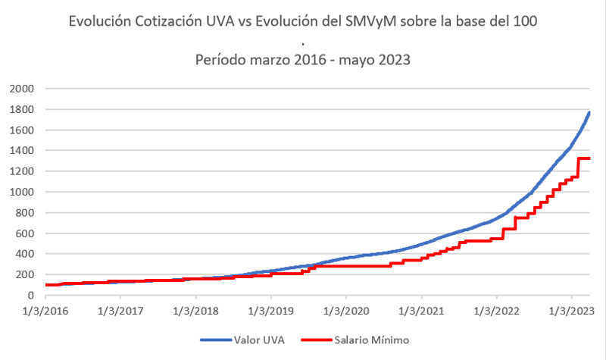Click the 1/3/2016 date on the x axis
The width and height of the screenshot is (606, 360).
[x=45, y=311]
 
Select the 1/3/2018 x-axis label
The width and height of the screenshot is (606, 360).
[x=195, y=311]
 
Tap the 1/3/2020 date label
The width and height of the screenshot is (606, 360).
[x=345, y=311]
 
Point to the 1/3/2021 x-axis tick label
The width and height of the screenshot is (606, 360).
[x=421, y=311]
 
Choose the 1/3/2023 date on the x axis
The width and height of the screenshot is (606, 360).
[x=571, y=311]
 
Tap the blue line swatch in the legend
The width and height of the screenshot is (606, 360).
[x=216, y=341]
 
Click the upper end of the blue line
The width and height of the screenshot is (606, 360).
[x=589, y=113]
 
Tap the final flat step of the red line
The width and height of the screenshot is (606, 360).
[x=584, y=158]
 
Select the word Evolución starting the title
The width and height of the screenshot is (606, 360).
[x=98, y=22]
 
